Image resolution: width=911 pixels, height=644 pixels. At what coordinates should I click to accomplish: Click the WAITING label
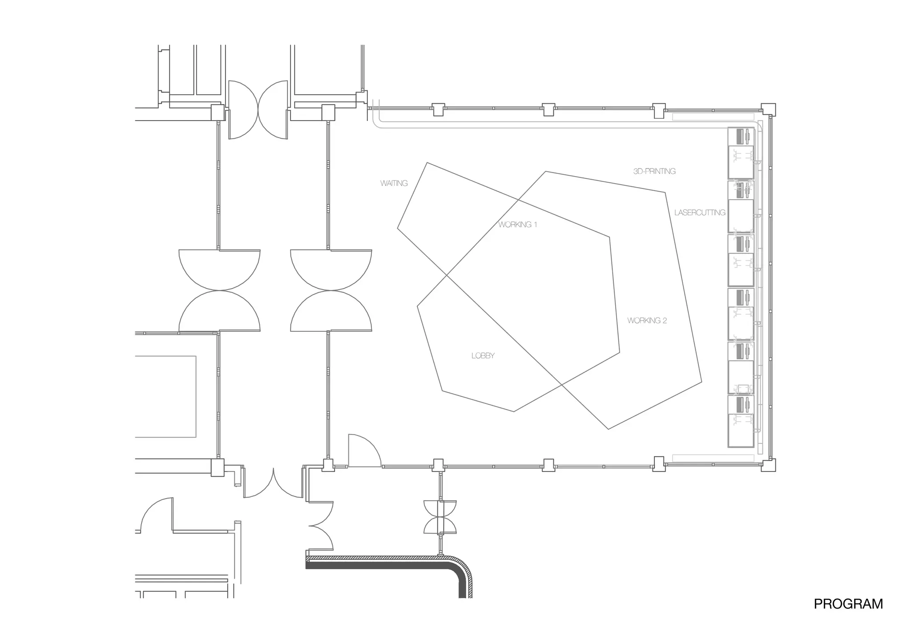(394, 183)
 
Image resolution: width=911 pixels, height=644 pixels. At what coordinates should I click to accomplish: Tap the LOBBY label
(483, 356)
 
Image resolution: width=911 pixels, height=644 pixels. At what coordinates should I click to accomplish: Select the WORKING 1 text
(517, 225)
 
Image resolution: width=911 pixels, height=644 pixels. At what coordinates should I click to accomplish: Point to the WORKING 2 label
(647, 321)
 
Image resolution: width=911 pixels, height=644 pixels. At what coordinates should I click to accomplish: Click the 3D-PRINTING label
(654, 171)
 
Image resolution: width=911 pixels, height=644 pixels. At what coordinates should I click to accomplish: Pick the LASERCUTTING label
(699, 213)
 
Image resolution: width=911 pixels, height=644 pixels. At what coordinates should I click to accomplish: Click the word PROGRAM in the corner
(848, 604)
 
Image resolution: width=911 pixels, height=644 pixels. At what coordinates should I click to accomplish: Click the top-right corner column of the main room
(768, 110)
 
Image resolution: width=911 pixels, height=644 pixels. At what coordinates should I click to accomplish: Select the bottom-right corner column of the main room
(768, 465)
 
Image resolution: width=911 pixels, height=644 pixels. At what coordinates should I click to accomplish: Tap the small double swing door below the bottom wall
(440, 517)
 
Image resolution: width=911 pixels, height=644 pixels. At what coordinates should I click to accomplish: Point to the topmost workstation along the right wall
(741, 153)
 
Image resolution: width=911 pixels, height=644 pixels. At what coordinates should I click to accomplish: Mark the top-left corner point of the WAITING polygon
(427, 163)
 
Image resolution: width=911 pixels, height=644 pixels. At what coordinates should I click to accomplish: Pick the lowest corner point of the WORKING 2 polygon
(608, 429)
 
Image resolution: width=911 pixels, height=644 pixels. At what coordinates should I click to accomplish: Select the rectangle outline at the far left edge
(165, 396)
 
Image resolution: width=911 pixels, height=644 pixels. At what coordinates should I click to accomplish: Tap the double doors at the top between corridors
(258, 110)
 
